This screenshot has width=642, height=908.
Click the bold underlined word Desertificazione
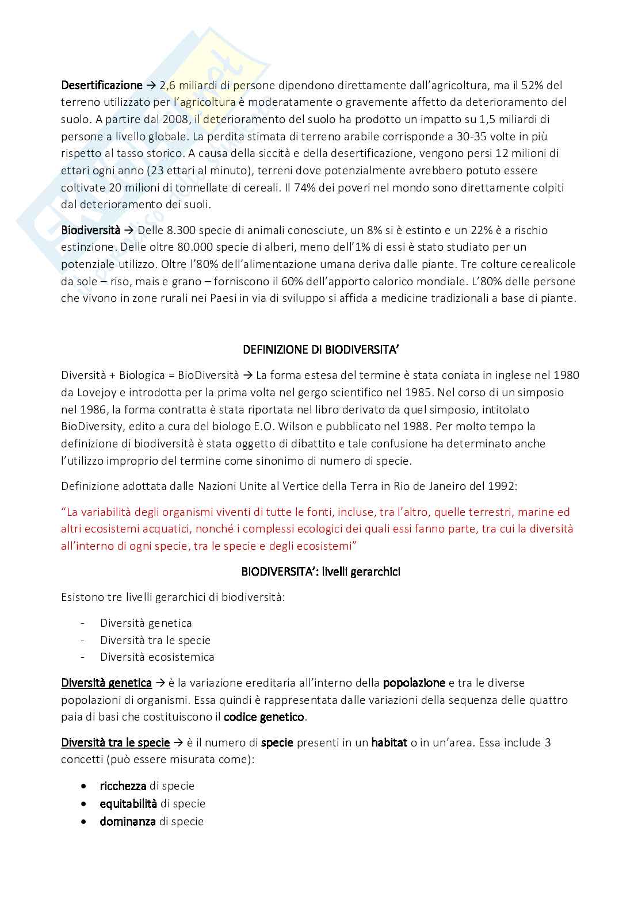coord(101,86)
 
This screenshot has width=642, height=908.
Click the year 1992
coord(502,486)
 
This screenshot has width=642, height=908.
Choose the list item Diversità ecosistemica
coord(157,657)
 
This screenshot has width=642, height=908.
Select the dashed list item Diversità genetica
coord(146,623)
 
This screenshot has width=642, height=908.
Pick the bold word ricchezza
coord(123,786)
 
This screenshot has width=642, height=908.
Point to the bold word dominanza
coord(128,821)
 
